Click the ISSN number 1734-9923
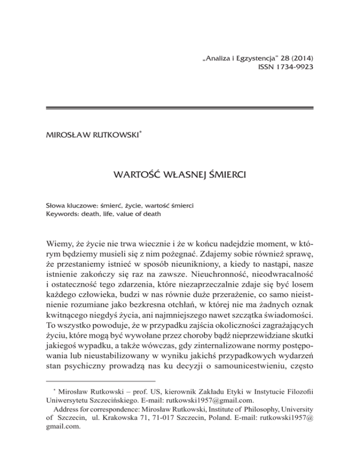[290, 67]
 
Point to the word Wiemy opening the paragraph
[61, 256]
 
